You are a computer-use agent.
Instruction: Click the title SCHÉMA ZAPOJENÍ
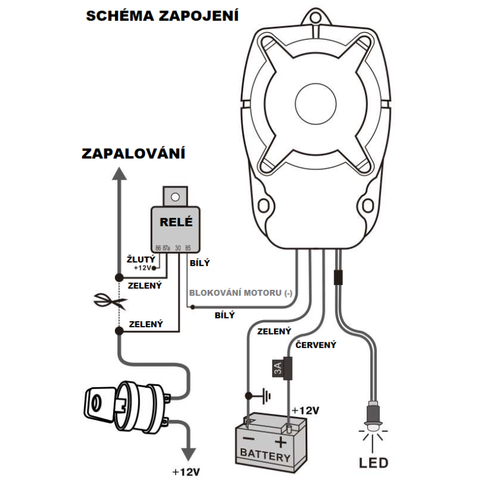point(162,16)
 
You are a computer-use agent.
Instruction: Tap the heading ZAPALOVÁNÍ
point(133,154)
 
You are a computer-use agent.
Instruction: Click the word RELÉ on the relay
point(175,221)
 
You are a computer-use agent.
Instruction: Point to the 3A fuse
point(277,368)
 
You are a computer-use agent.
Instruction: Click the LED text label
point(374,464)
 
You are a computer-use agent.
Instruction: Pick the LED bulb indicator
point(374,417)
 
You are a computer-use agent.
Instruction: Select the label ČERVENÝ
point(315,345)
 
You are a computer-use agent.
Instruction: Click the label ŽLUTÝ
point(140,259)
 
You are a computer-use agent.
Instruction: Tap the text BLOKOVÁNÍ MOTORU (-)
point(241,293)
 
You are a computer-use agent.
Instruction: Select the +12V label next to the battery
point(305,411)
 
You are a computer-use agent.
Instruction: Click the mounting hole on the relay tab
point(175,197)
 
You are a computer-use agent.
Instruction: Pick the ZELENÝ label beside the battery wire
point(274,332)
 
